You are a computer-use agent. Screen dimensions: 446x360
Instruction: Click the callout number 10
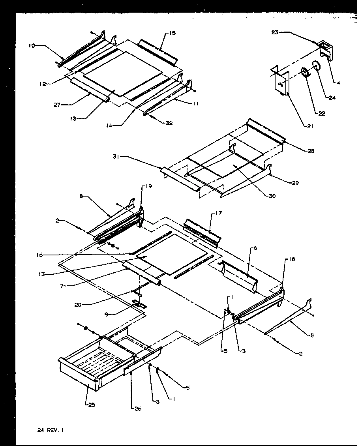coord(31,46)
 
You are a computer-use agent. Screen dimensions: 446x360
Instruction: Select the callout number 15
coord(173,33)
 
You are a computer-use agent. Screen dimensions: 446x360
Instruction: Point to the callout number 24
coord(332,98)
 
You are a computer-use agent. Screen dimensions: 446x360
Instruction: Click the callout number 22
coord(322,114)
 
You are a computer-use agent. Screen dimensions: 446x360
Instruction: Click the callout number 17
coord(219,214)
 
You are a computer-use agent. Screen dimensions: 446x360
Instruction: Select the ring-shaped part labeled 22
coord(305,73)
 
